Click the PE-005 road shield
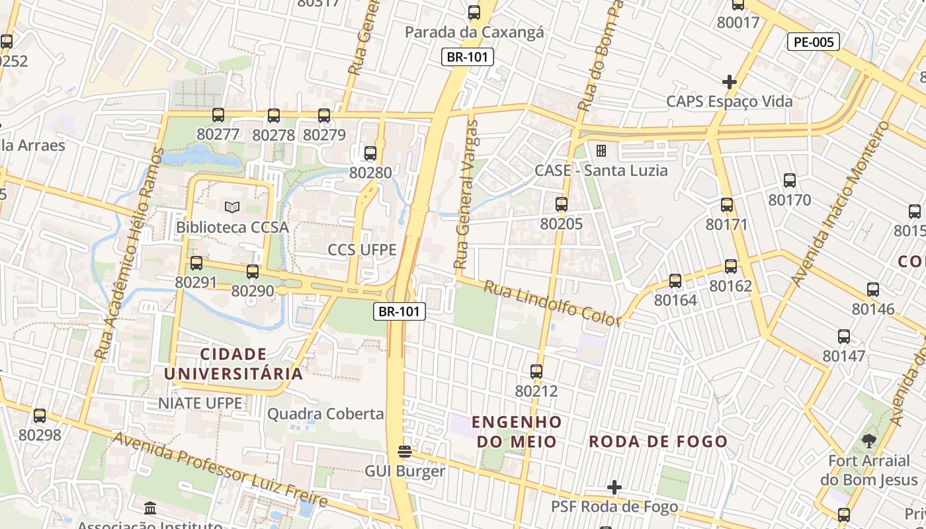coord(813,42)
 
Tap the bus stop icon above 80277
coord(218,115)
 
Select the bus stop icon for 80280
coord(370,153)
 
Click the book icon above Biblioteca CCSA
coord(232,208)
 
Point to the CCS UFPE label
coord(362,250)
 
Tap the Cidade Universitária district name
coord(233,364)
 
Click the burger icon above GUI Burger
coord(405,452)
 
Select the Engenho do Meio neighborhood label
coord(517,431)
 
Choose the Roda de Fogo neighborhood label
coord(658,441)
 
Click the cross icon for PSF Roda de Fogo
coord(614,487)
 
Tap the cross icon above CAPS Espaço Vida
coord(729,82)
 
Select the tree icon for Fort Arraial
coord(868,441)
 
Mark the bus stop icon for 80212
coord(536,372)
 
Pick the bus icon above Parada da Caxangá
coord(474,13)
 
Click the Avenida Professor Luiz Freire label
coord(220,469)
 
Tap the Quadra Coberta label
coord(325,414)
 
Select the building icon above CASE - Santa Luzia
coord(601,151)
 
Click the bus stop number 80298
coord(40,435)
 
